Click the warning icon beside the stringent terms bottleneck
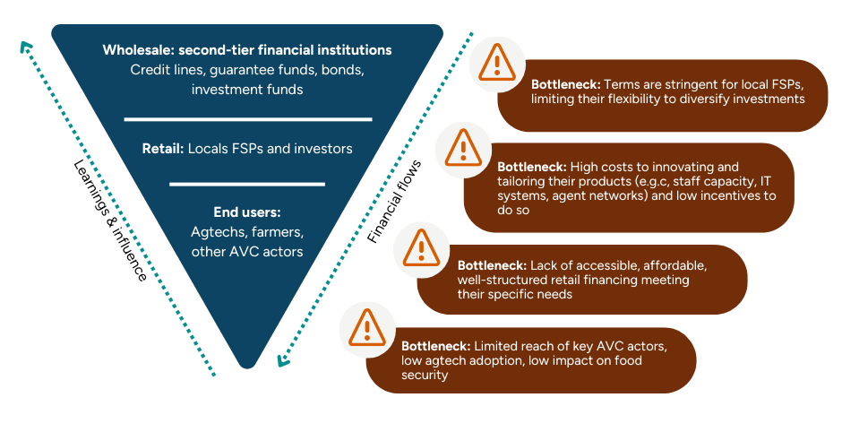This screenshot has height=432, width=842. [494, 63]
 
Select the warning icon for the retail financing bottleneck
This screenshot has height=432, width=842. [420, 246]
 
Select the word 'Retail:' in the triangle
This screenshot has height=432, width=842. [162, 149]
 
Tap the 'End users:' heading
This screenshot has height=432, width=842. [247, 212]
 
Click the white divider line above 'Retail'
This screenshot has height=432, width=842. [247, 118]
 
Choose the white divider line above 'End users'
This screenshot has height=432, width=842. [247, 184]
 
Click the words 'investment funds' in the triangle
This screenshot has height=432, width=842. [247, 90]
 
